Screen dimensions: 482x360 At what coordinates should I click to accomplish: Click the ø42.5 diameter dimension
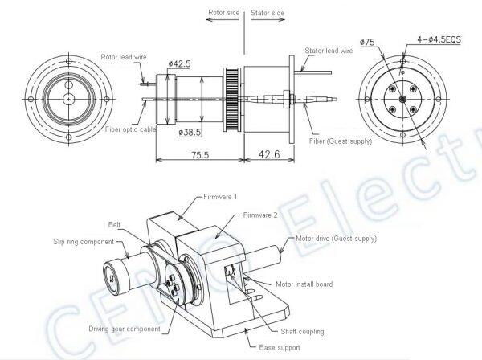(x=179, y=63)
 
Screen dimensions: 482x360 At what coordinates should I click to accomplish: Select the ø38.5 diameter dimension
(x=190, y=133)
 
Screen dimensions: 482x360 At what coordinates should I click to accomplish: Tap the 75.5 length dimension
(x=200, y=154)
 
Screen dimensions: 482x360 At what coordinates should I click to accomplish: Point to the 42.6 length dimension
(x=269, y=154)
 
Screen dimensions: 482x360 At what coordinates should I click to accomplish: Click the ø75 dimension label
(x=367, y=42)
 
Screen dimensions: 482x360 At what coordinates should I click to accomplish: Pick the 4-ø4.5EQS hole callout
(x=439, y=39)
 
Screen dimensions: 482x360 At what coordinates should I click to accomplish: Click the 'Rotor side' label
(x=224, y=13)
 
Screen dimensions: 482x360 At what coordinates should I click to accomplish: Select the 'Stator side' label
(x=268, y=13)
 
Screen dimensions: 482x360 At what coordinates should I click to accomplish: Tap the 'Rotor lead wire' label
(x=124, y=57)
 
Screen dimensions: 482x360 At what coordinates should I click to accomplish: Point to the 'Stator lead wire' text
(x=329, y=51)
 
